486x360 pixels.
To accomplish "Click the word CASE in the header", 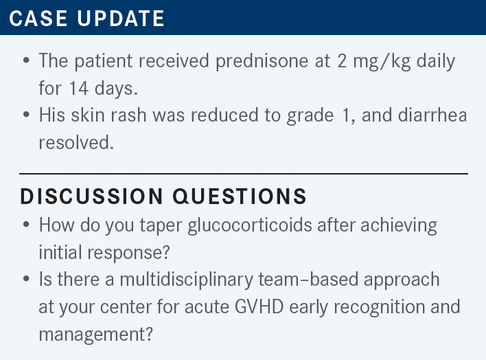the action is pyautogui.click(x=38, y=19).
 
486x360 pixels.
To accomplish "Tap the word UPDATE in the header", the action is pyautogui.click(x=121, y=19).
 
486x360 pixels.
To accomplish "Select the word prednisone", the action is pyautogui.click(x=262, y=61).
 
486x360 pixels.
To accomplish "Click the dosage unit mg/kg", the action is pyautogui.click(x=382, y=61).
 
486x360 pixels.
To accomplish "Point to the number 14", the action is pyautogui.click(x=79, y=88).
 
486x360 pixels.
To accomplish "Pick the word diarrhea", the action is pyautogui.click(x=432, y=115).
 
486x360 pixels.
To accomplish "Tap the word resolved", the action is pyautogui.click(x=76, y=142).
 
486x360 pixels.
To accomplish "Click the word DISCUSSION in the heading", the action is pyautogui.click(x=91, y=196).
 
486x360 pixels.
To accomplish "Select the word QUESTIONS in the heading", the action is pyautogui.click(x=240, y=196).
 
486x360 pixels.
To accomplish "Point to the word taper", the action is pyautogui.click(x=161, y=225).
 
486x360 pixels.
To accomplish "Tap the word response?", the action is pyautogui.click(x=128, y=253).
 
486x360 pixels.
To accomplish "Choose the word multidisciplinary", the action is pyautogui.click(x=186, y=280).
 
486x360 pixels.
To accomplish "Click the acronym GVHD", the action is pyautogui.click(x=259, y=307).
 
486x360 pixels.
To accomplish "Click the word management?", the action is pyautogui.click(x=96, y=335).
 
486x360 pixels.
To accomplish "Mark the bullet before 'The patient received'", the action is pyautogui.click(x=26, y=60).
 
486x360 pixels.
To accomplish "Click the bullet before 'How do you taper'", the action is pyautogui.click(x=26, y=225).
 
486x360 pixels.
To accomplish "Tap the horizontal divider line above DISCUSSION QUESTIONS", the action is pyautogui.click(x=244, y=174).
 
